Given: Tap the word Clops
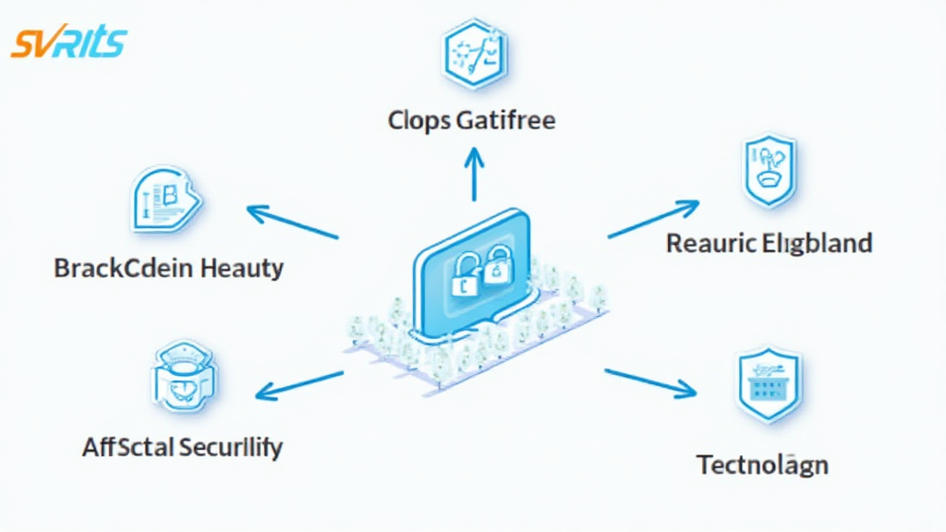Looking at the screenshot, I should click(x=419, y=120).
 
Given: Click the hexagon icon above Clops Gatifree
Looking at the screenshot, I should click(x=472, y=51).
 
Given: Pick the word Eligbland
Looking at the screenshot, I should click(x=818, y=244).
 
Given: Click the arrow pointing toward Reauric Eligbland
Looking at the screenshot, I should click(x=653, y=218).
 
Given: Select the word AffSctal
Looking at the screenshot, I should click(x=127, y=448).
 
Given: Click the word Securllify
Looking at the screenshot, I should click(x=231, y=448).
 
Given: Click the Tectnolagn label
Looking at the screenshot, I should click(x=761, y=464).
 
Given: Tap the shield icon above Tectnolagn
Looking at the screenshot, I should click(x=768, y=385).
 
